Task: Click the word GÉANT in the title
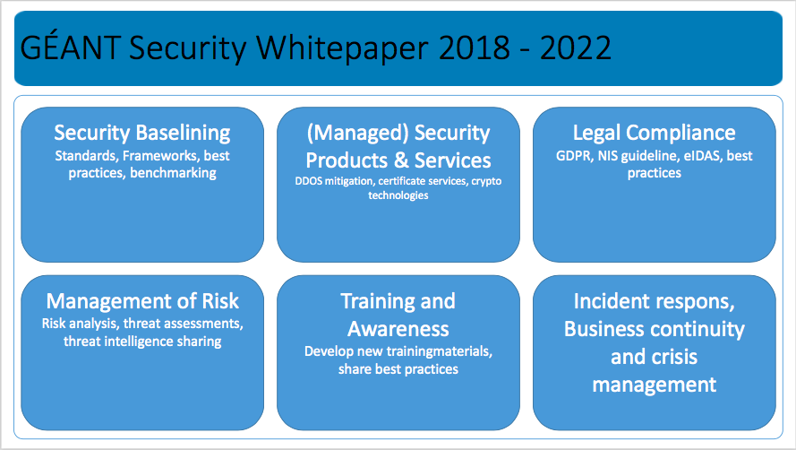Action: point(70,47)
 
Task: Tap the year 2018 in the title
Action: point(475,48)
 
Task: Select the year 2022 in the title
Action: point(576,48)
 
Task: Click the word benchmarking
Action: point(173,173)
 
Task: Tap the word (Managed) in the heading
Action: point(358,134)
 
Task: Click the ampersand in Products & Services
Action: point(401,160)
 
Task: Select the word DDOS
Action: point(309,181)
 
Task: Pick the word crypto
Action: point(486,182)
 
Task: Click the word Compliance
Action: point(680,134)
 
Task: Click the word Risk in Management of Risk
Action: point(220,301)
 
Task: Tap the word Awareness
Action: point(398,329)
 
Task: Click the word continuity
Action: point(706,330)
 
